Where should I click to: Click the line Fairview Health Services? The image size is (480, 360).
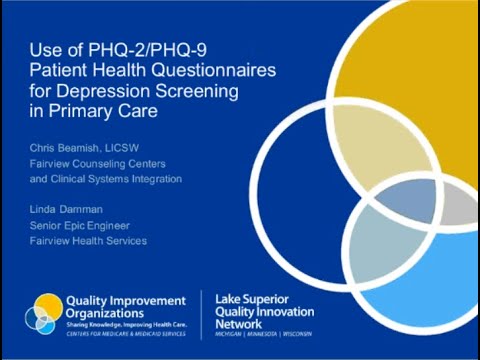click(x=88, y=241)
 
